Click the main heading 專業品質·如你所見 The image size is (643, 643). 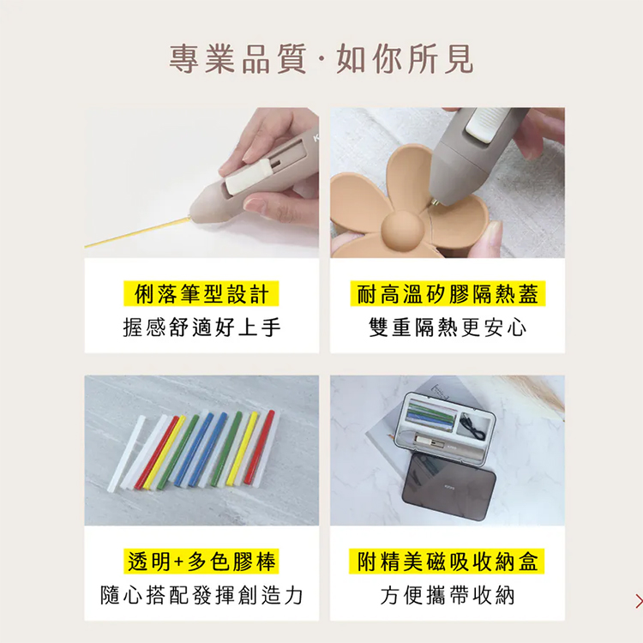(321, 59)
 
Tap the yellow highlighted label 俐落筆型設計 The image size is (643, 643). (201, 293)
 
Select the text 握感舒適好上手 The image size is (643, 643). (201, 328)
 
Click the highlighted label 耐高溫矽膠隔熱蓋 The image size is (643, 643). (448, 293)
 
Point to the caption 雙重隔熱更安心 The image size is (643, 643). (448, 328)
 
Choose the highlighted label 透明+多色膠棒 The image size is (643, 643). (201, 562)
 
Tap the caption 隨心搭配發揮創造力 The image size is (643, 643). (201, 596)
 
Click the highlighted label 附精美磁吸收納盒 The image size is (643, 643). (447, 562)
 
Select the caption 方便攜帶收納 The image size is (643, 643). (448, 596)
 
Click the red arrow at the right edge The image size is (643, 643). (639, 601)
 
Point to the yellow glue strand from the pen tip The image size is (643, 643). (138, 232)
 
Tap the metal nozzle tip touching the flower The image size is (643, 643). (435, 202)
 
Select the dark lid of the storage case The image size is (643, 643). (449, 487)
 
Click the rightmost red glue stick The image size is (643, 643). (259, 447)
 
